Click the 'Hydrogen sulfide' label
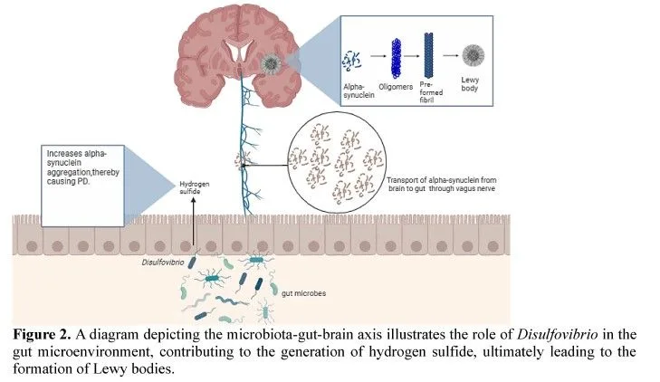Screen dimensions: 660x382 pos(194,187)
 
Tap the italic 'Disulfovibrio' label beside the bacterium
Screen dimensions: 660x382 pos(163,263)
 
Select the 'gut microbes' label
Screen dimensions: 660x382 pos(303,293)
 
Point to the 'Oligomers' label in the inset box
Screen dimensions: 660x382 pos(396,87)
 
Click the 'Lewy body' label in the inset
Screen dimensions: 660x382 pos(470,83)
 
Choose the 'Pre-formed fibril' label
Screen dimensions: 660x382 pos(431,92)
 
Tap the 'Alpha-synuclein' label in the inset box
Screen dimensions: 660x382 pos(359,91)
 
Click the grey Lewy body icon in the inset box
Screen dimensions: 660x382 pos(473,55)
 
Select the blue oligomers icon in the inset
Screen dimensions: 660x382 pos(396,59)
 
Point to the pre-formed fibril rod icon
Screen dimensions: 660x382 pos(428,55)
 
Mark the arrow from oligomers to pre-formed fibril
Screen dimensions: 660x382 pos(411,56)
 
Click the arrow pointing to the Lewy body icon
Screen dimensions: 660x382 pos(450,55)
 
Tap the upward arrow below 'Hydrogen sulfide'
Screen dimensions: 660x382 pos(194,221)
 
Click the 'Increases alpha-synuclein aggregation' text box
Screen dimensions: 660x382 pos(83,186)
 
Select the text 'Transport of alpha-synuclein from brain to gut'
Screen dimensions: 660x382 pos(442,185)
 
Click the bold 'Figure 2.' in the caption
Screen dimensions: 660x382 pos(42,334)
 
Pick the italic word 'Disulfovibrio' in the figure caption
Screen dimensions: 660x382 pos(558,334)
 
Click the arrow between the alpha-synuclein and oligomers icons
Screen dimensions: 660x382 pos(378,56)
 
